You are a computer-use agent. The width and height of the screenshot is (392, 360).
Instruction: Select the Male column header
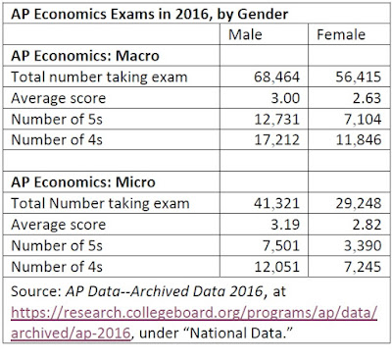(x=245, y=34)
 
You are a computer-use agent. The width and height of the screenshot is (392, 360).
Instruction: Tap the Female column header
(x=341, y=34)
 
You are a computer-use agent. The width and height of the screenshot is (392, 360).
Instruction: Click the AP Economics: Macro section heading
(x=85, y=56)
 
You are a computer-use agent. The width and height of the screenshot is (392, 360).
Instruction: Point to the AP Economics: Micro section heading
(x=83, y=182)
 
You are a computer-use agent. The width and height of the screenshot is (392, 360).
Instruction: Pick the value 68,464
(x=276, y=77)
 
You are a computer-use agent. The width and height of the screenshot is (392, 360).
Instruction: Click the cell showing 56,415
(x=359, y=77)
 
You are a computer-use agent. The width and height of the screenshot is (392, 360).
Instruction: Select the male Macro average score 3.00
(x=285, y=98)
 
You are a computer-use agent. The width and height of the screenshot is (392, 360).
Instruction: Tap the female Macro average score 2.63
(x=367, y=98)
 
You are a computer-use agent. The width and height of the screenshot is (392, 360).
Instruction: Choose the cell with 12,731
(x=276, y=120)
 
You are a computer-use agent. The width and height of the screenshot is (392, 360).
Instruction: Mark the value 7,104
(x=363, y=120)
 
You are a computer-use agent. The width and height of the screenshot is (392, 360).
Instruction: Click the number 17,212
(x=276, y=140)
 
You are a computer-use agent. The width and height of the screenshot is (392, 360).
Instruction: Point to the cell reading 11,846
(x=359, y=140)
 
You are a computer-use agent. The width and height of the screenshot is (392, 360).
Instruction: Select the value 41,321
(x=276, y=203)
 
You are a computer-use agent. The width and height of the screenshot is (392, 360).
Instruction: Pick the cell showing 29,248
(x=359, y=203)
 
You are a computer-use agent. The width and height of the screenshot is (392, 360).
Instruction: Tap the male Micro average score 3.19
(x=285, y=225)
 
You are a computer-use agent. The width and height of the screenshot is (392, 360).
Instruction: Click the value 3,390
(x=363, y=245)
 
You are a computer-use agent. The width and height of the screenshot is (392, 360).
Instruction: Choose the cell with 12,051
(x=276, y=267)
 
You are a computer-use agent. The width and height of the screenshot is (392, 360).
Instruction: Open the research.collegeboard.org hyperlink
(x=194, y=313)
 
